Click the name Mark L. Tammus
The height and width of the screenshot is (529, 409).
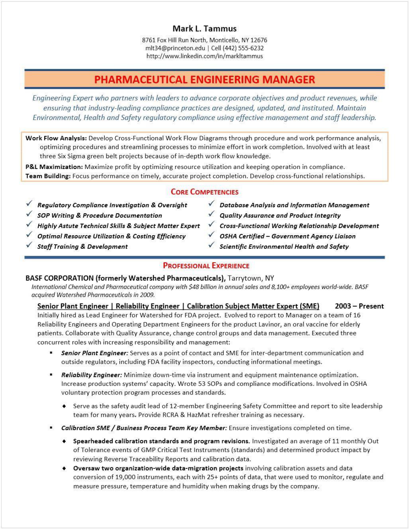click(204, 29)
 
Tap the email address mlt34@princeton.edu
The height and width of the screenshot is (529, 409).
click(175, 48)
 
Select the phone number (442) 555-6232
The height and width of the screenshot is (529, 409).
click(243, 48)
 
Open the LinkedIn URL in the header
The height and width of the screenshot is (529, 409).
click(204, 56)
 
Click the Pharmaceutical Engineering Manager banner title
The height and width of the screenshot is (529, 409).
click(204, 79)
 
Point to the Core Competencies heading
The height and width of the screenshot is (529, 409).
click(204, 192)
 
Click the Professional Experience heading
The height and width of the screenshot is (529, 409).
click(206, 266)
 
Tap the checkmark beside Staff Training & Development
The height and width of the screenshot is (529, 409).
click(29, 245)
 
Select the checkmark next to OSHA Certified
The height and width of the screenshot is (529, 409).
click(211, 235)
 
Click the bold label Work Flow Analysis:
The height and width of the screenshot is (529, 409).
click(56, 138)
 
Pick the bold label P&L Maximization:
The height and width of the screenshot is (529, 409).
click(54, 167)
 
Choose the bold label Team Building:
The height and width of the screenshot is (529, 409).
click(48, 176)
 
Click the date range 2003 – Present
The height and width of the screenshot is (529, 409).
click(359, 306)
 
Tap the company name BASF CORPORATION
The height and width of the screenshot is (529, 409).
click(59, 278)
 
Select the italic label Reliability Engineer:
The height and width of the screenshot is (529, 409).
click(91, 375)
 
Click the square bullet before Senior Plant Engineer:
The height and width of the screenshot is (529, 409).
click(51, 353)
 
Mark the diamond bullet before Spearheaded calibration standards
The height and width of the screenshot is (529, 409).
click(64, 441)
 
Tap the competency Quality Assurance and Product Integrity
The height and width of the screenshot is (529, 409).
click(280, 215)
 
